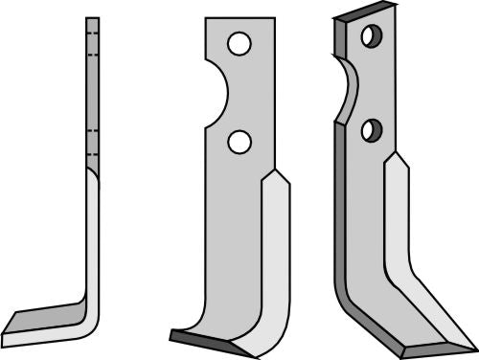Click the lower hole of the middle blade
coord(239,142)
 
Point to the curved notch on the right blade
coord(347,92)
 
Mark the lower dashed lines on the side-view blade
coord(92,143)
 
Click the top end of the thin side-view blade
coord(92,19)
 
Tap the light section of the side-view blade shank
coord(92,239)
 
